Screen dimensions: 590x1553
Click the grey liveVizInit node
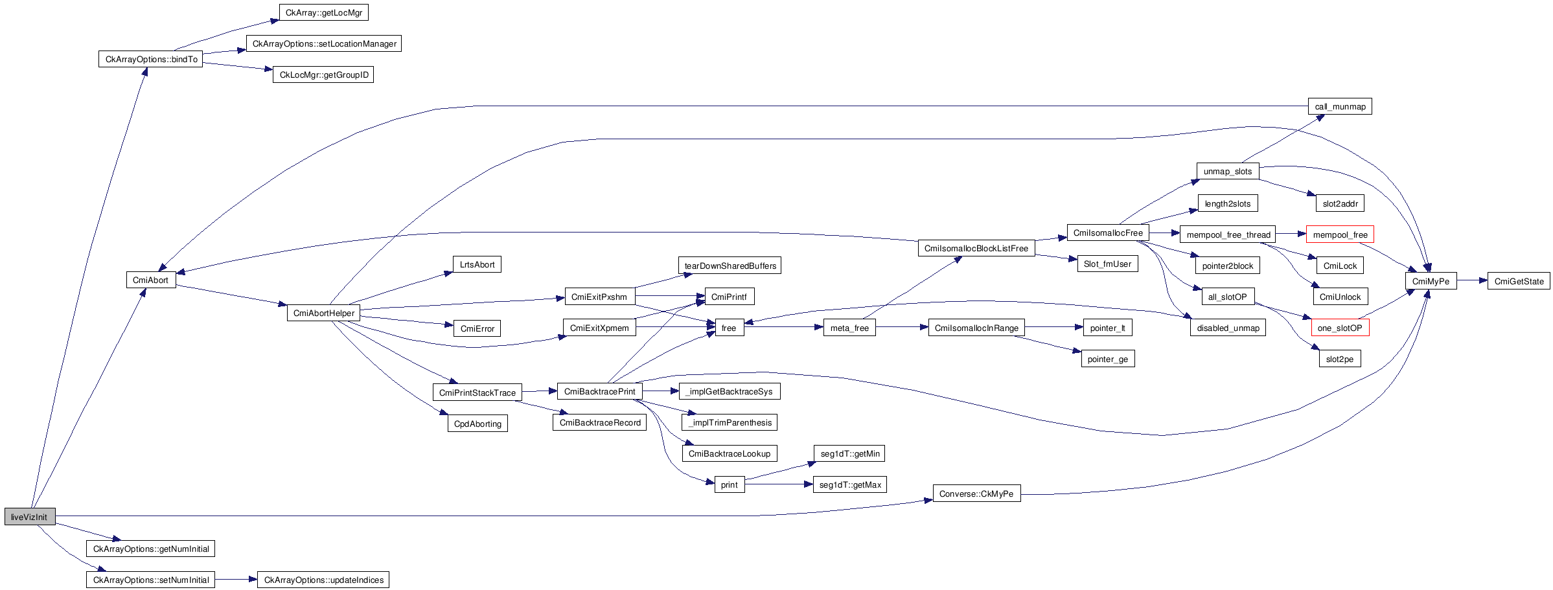point(30,517)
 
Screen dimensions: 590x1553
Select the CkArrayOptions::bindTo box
point(151,59)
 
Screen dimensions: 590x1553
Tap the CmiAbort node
point(151,280)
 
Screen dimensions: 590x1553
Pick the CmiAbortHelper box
point(323,313)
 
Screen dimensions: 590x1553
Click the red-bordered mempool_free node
point(1340,234)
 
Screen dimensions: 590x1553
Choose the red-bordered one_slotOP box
point(1340,328)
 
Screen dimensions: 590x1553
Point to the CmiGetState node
point(1518,281)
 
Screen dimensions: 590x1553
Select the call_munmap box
point(1340,106)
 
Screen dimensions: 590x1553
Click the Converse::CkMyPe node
point(976,494)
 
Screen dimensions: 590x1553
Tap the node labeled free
point(729,328)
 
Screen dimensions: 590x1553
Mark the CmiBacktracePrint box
point(599,391)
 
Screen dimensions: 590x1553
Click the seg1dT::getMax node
point(849,484)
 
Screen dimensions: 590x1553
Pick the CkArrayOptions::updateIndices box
point(323,580)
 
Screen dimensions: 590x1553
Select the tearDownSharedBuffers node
point(730,266)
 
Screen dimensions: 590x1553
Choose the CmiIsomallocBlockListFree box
point(976,248)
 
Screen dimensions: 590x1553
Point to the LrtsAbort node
point(477,264)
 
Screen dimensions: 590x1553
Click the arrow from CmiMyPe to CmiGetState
point(1472,281)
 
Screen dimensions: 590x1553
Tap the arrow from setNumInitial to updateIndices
point(236,580)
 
